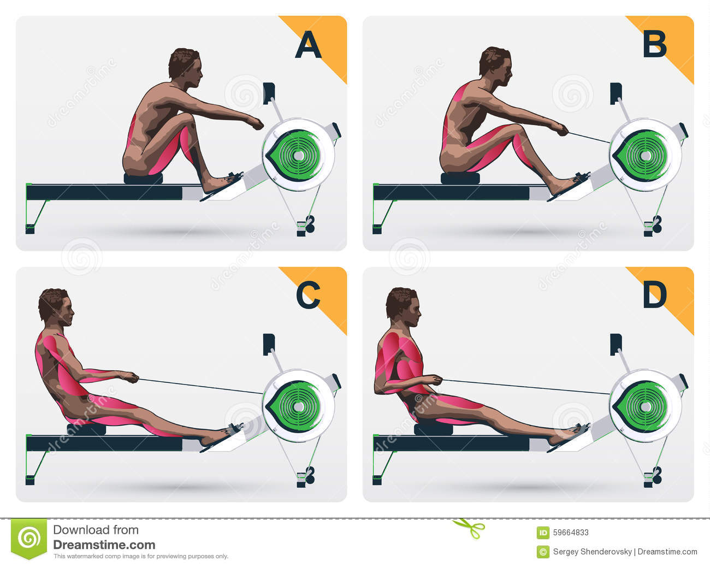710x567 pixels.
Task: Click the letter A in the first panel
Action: click(x=308, y=45)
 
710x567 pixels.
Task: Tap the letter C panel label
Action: click(x=308, y=295)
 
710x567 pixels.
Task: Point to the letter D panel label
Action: click(x=655, y=295)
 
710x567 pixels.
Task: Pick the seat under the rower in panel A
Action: click(x=143, y=179)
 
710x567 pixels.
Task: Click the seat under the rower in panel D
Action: click(x=433, y=429)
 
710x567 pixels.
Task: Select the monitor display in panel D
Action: click(x=616, y=345)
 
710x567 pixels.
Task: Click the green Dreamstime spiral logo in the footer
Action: click(x=29, y=538)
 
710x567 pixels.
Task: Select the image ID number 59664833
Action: click(x=571, y=533)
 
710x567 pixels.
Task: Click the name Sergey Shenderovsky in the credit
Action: click(x=592, y=552)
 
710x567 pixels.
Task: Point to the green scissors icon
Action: click(x=469, y=528)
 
